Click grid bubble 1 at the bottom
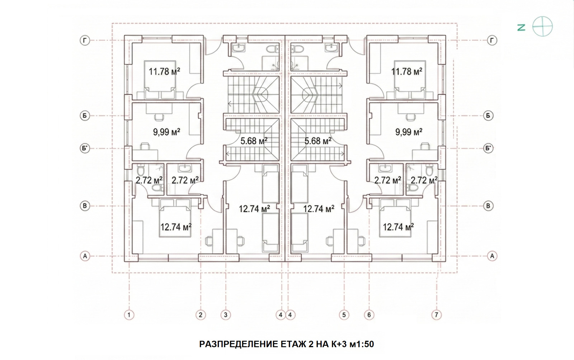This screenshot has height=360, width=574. (x=129, y=315)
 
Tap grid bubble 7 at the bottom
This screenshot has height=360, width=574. (x=436, y=315)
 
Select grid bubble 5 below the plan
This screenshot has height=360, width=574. (x=344, y=315)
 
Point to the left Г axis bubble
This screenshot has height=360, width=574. (x=85, y=41)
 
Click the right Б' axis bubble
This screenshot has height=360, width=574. (x=488, y=148)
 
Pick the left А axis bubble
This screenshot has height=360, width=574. (x=85, y=256)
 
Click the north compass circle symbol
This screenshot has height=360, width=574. (x=542, y=27)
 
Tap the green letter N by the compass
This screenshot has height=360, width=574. (x=521, y=27)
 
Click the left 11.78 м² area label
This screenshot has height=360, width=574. (x=164, y=71)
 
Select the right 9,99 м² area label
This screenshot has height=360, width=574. (x=409, y=132)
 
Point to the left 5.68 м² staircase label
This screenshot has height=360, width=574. (x=254, y=141)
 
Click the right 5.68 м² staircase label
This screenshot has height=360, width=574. (x=318, y=141)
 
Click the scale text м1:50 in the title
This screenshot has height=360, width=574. (x=362, y=344)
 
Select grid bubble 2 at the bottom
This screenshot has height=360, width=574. (x=200, y=315)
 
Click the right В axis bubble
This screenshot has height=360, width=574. (x=488, y=206)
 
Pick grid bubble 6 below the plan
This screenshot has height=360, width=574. (x=369, y=315)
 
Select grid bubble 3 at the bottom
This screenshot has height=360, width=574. (x=225, y=315)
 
